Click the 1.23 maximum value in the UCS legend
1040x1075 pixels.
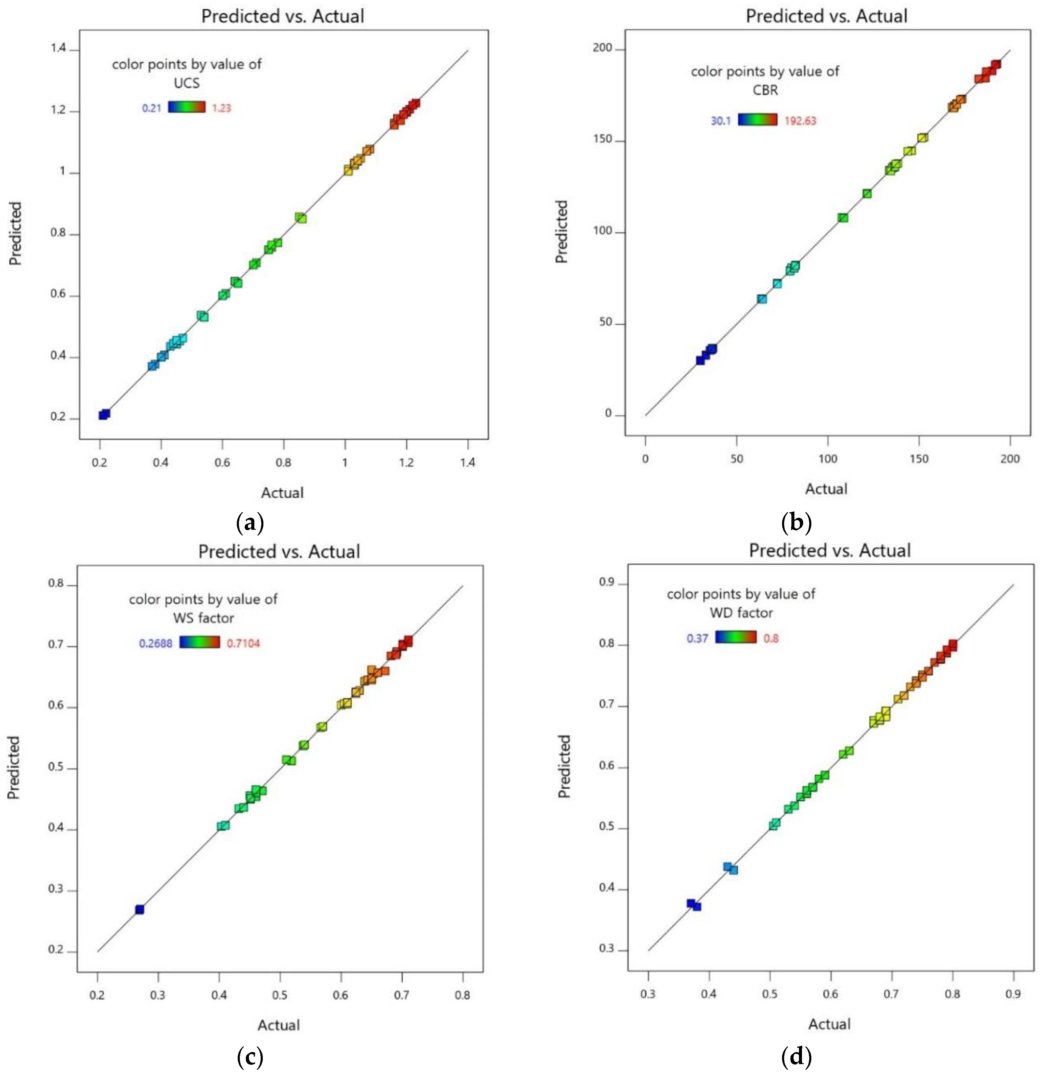click(221, 108)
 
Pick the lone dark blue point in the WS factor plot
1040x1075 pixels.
click(140, 909)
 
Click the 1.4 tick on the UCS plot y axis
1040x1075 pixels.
click(58, 49)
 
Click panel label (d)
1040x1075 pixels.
click(796, 1056)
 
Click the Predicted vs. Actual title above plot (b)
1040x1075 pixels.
click(826, 16)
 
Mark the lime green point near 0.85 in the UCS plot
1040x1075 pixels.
click(301, 218)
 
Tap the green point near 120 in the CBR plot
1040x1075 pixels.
click(867, 194)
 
